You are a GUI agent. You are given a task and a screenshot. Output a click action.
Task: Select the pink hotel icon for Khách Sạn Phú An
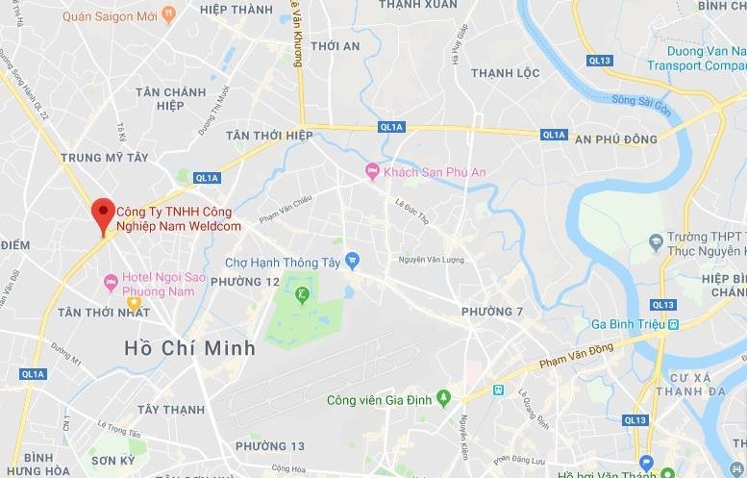(371, 171)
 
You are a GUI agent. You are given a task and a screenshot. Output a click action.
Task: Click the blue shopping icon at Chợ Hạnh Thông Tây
(353, 259)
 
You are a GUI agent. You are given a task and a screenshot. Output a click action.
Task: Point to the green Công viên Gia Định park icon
(443, 397)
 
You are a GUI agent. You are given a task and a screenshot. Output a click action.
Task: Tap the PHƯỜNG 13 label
(270, 445)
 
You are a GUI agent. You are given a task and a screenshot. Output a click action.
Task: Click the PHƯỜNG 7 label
(492, 312)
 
